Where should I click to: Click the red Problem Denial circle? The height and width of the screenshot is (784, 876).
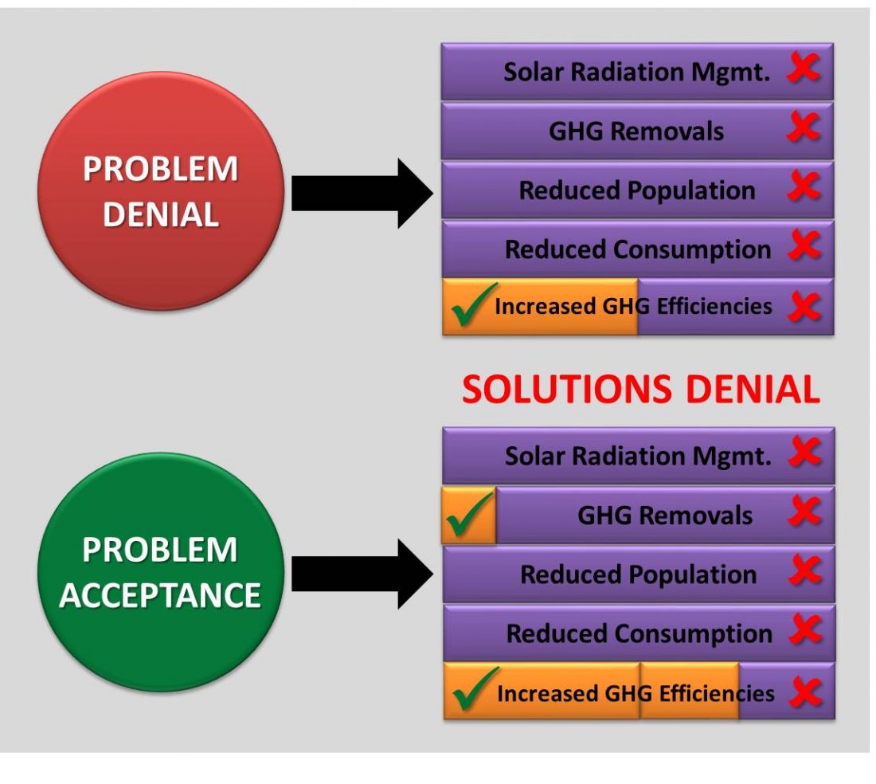160,191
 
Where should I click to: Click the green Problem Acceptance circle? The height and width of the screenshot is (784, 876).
160,572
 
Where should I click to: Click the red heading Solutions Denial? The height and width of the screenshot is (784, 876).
641,390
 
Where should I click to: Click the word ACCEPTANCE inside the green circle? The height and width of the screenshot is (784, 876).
160,595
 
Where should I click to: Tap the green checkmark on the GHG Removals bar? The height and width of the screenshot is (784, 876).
468,515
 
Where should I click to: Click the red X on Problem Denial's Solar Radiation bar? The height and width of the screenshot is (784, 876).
804,70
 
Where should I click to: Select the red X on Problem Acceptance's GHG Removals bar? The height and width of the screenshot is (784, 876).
805,514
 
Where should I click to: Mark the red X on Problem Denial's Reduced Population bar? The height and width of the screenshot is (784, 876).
804,189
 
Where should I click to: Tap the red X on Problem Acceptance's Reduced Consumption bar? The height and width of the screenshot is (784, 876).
805,633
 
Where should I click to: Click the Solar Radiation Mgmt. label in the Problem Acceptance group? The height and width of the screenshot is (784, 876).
638,457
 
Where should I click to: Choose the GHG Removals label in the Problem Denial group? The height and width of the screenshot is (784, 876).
636,131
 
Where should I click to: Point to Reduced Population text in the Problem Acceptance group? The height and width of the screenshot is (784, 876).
638,574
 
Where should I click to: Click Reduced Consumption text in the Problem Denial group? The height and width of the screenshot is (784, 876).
638,249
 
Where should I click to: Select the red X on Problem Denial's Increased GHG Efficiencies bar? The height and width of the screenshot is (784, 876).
804,307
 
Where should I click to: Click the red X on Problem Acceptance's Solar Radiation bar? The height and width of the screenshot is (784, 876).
805,455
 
